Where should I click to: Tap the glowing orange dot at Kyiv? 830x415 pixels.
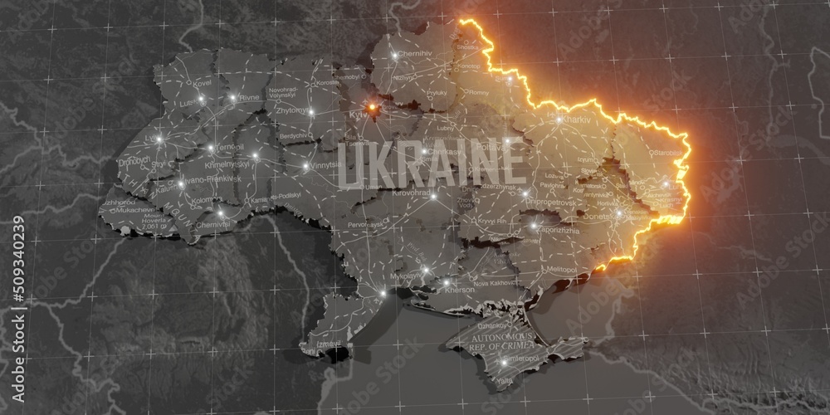373,107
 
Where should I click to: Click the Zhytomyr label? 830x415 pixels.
291,109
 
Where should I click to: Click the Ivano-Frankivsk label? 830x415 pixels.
196,178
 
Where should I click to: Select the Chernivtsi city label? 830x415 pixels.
212,224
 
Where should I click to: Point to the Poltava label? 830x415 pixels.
489,147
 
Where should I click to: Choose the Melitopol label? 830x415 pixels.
561,270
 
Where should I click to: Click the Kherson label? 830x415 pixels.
460,290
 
